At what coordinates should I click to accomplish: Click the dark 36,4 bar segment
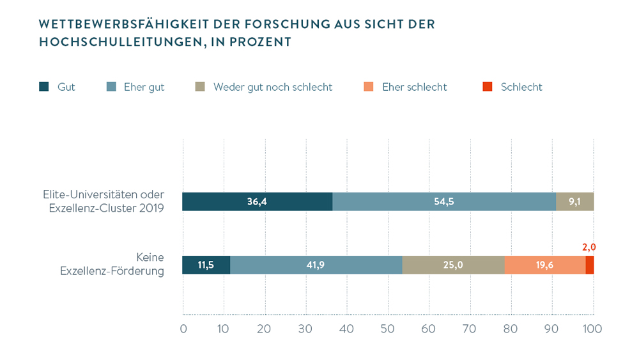[257, 201]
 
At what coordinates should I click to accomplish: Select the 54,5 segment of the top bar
[443, 201]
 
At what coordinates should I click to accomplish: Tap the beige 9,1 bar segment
[574, 201]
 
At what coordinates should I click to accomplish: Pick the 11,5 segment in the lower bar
[206, 265]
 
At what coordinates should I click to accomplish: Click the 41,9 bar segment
[316, 265]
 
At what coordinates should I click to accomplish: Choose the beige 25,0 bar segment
[453, 265]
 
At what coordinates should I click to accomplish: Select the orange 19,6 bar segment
[544, 265]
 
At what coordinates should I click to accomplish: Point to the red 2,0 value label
[589, 247]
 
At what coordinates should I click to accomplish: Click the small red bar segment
[589, 265]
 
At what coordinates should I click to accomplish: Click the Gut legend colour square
[44, 87]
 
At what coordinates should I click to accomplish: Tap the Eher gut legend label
[144, 87]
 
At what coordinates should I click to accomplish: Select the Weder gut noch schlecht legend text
[273, 87]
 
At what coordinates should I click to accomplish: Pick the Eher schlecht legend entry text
[414, 87]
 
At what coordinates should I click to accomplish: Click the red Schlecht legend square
[488, 87]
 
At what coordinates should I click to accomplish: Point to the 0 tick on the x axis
[183, 329]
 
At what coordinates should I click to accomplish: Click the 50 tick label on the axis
[388, 329]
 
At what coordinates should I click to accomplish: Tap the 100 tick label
[592, 329]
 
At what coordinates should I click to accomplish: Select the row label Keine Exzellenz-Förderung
[112, 264]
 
